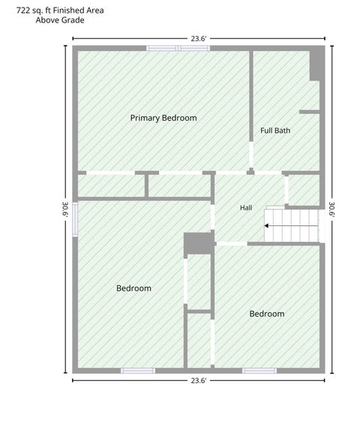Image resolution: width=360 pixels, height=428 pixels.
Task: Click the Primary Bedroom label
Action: pyautogui.click(x=163, y=118)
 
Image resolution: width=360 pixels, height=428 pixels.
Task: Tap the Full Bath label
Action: pyautogui.click(x=275, y=131)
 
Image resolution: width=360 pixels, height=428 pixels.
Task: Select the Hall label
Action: pyautogui.click(x=246, y=208)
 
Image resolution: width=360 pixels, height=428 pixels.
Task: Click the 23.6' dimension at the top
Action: pyautogui.click(x=199, y=38)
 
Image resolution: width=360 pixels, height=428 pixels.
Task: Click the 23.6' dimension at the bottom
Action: pyautogui.click(x=199, y=380)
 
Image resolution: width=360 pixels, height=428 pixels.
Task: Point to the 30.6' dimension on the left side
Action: pyautogui.click(x=65, y=209)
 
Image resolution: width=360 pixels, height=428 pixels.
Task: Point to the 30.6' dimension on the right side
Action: pyautogui.click(x=332, y=209)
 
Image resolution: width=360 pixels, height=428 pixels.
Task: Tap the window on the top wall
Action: pyautogui.click(x=178, y=48)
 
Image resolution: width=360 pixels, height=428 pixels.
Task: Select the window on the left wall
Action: pyautogui.click(x=75, y=219)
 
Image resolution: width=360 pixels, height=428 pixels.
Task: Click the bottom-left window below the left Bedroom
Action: pyautogui.click(x=138, y=371)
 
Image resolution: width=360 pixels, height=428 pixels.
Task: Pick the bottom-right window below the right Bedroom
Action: pyautogui.click(x=259, y=371)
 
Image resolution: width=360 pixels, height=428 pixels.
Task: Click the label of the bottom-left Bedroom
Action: pyautogui.click(x=133, y=288)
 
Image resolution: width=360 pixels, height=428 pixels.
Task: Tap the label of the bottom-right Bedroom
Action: pyautogui.click(x=267, y=314)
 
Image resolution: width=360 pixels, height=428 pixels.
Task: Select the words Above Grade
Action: pyautogui.click(x=60, y=20)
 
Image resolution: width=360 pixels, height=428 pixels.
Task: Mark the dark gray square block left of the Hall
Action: pyautogui.click(x=198, y=243)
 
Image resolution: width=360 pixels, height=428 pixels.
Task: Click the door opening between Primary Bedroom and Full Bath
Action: pyautogui.click(x=251, y=155)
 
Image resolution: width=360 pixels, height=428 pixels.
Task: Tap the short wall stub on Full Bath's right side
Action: pyautogui.click(x=309, y=112)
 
